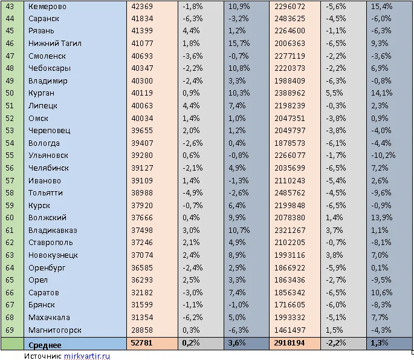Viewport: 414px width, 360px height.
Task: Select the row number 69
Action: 9,330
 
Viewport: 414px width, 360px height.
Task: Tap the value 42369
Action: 143,7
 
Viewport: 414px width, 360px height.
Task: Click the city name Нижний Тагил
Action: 54,44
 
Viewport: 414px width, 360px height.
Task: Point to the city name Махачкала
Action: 49,318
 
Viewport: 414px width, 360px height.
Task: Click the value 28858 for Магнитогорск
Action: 143,330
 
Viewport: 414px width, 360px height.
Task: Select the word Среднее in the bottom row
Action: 45,344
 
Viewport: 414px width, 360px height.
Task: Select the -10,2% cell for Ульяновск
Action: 384,155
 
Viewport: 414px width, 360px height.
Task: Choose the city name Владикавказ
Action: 53,231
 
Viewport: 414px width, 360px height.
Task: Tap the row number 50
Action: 9,93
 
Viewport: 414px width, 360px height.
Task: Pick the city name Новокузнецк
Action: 53,255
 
